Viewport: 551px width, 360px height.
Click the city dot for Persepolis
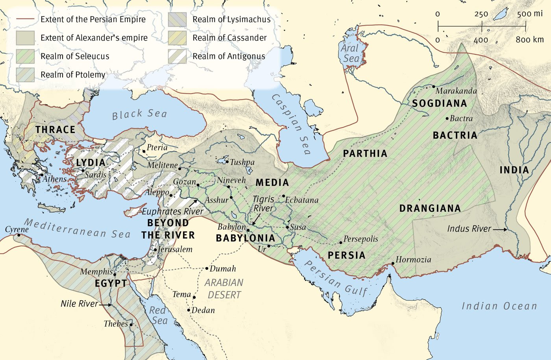341,242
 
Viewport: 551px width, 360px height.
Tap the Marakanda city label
456,91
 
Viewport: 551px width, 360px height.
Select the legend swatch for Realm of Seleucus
25,56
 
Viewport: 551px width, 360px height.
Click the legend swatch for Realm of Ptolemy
25,75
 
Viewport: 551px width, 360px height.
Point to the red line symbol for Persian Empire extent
25,19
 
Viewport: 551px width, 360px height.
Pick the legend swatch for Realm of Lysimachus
177,19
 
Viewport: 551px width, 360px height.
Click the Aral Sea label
350,54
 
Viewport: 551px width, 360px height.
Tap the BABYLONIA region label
245,238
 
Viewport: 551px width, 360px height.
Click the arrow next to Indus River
500,229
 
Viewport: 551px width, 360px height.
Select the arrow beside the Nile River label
105,305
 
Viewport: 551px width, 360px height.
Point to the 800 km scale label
529,40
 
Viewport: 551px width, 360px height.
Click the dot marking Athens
41,175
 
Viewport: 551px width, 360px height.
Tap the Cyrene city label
17,229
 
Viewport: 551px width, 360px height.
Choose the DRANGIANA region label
430,208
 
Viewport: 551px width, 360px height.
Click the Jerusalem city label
175,249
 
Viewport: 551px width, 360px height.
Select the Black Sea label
139,114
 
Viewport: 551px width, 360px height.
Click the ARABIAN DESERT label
224,288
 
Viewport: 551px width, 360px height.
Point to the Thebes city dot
131,325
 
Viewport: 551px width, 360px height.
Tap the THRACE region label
55,129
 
